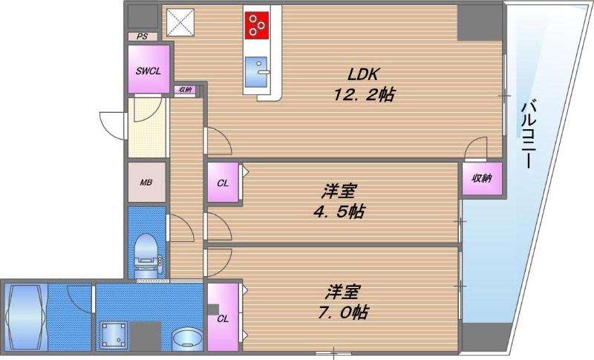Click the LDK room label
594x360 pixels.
pyautogui.click(x=364, y=75)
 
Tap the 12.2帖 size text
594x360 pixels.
pyautogui.click(x=362, y=94)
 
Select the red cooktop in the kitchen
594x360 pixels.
pyautogui.click(x=257, y=25)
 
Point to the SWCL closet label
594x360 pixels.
pyautogui.click(x=148, y=71)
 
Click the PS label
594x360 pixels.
pyautogui.click(x=142, y=36)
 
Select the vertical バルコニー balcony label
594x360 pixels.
pyautogui.click(x=528, y=134)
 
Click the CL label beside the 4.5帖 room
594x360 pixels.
pyautogui.click(x=223, y=183)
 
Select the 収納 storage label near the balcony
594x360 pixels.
pyautogui.click(x=480, y=179)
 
